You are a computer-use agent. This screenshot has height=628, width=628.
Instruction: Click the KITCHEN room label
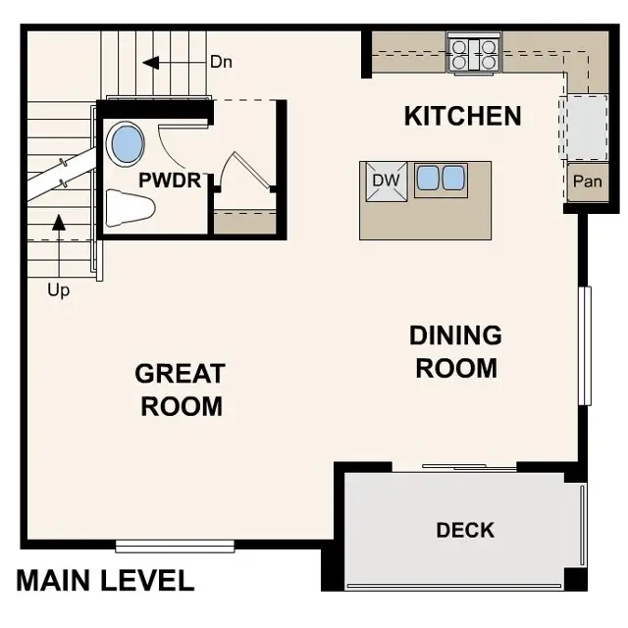(x=462, y=116)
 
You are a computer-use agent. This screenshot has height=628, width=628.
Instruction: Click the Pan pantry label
(x=587, y=182)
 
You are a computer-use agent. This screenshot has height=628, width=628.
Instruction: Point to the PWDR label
(x=170, y=181)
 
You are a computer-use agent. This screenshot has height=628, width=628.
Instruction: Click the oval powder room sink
(x=127, y=143)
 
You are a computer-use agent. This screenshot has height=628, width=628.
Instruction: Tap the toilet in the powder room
(x=130, y=207)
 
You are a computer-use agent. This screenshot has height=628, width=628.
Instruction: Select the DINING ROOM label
(x=455, y=351)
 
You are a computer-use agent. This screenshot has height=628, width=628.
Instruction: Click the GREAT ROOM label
(x=181, y=389)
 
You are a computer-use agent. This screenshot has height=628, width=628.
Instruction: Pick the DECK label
(x=465, y=530)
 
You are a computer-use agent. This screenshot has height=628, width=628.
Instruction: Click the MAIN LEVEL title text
(x=105, y=580)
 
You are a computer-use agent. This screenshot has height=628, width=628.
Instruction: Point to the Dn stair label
(x=222, y=62)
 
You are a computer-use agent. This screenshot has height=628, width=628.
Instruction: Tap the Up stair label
(x=59, y=290)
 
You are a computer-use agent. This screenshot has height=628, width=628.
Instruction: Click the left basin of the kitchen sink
(x=428, y=179)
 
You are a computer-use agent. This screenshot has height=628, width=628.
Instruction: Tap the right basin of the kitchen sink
(x=452, y=179)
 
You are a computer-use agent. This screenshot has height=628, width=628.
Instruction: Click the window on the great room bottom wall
(x=175, y=546)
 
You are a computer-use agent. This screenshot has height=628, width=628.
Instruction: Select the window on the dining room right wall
(x=585, y=344)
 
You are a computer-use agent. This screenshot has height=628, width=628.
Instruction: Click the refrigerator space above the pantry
(x=583, y=128)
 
